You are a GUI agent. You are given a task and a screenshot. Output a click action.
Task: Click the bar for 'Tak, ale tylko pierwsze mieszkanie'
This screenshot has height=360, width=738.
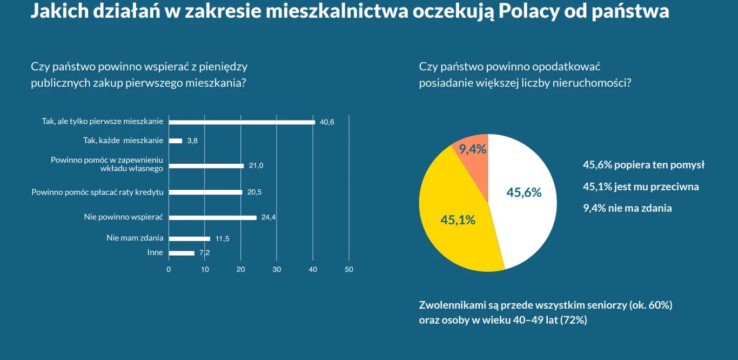241,122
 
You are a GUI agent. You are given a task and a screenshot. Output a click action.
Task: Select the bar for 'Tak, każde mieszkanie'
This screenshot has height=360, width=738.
176,141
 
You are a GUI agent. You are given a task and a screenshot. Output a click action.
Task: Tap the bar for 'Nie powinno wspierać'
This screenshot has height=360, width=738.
212,218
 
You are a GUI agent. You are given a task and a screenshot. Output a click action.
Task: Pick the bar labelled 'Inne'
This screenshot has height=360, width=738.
182,253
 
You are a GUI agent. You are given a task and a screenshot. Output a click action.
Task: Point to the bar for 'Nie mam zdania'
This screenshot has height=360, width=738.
189,238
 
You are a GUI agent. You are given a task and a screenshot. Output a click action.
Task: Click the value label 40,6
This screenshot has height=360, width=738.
327,122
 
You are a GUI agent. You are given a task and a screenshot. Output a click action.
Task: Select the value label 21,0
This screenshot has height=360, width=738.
256,166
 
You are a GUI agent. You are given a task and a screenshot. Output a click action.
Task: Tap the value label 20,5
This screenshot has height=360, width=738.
254,192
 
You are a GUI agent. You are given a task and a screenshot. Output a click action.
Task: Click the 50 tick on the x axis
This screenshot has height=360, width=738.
349,269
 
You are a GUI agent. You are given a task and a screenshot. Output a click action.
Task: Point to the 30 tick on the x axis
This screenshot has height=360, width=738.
277,269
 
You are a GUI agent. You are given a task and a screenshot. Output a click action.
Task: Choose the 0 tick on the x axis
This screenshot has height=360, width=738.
169,269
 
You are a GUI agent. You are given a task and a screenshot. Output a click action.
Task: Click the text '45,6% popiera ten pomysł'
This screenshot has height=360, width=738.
643,165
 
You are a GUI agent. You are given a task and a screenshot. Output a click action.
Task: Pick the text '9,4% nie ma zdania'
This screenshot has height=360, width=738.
627,208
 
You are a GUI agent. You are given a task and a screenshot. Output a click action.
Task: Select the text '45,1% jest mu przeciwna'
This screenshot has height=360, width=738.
641,186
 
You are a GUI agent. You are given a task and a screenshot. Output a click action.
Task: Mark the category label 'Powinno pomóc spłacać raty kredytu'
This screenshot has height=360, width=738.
97,192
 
